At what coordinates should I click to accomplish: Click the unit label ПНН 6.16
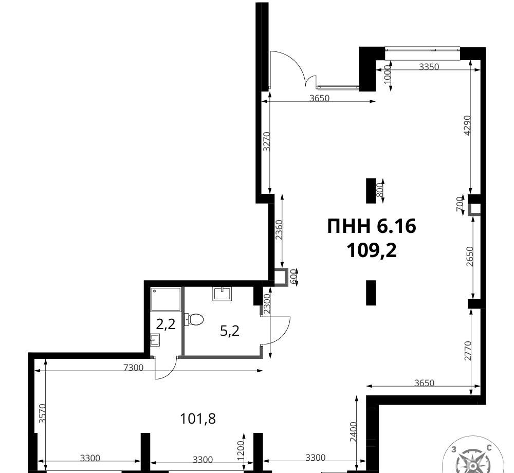(372, 226)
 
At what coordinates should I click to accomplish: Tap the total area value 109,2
(372, 251)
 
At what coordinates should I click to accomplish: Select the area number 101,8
(198, 419)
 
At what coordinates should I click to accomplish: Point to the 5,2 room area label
(229, 331)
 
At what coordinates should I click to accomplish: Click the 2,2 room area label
(166, 324)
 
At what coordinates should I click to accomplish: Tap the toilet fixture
(194, 319)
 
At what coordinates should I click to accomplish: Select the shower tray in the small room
(166, 299)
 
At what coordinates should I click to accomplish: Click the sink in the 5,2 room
(223, 294)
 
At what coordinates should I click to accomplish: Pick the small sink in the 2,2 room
(155, 340)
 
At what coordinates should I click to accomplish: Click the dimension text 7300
(134, 368)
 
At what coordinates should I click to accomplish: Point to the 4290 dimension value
(467, 125)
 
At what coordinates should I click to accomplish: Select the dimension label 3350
(429, 67)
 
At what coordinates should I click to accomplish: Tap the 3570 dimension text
(42, 414)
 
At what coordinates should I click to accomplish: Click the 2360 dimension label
(279, 230)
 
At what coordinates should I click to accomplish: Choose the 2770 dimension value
(468, 351)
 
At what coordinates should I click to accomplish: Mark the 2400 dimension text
(353, 432)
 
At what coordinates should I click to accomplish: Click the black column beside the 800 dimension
(371, 191)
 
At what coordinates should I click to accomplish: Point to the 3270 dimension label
(267, 141)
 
